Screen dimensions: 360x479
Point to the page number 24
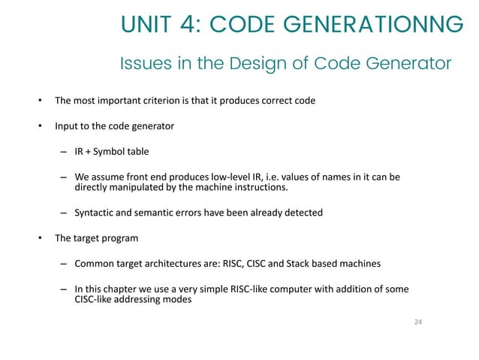[x=419, y=322]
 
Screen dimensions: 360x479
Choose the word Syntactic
[x=95, y=213]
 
